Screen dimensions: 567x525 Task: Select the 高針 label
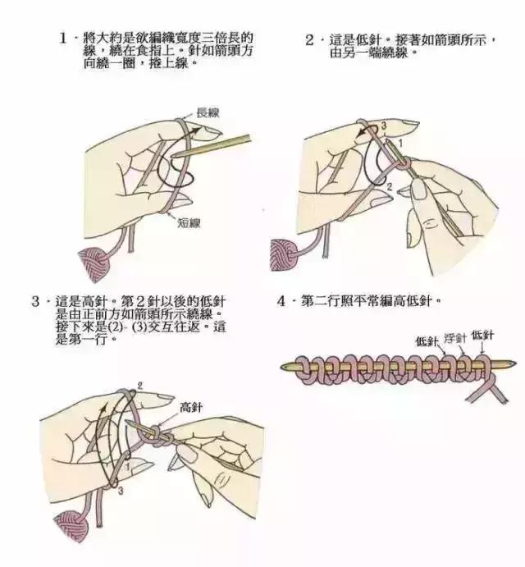(190, 406)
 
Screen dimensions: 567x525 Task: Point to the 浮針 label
(455, 337)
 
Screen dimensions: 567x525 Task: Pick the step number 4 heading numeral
(282, 301)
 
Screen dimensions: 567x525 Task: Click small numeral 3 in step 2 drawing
(382, 125)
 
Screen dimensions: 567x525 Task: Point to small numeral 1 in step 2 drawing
(400, 144)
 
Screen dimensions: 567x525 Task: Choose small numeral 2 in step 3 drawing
(140, 385)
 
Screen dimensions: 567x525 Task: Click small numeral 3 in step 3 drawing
(121, 491)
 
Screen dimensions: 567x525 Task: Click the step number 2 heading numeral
(310, 39)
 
